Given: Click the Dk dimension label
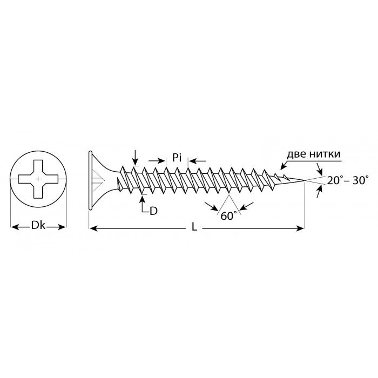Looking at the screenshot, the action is (x=38, y=226).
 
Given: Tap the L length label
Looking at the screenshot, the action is (x=194, y=227).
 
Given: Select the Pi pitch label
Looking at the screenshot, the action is (x=177, y=158).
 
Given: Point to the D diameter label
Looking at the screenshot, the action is (x=153, y=211).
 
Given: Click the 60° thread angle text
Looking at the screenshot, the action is (x=227, y=216).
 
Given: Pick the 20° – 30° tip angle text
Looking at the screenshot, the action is (x=348, y=180).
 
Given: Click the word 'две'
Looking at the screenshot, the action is (x=297, y=154).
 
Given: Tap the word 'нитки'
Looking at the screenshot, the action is (x=325, y=154).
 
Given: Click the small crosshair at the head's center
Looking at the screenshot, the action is (x=38, y=179).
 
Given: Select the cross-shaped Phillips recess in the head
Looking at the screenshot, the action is (x=38, y=179).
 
